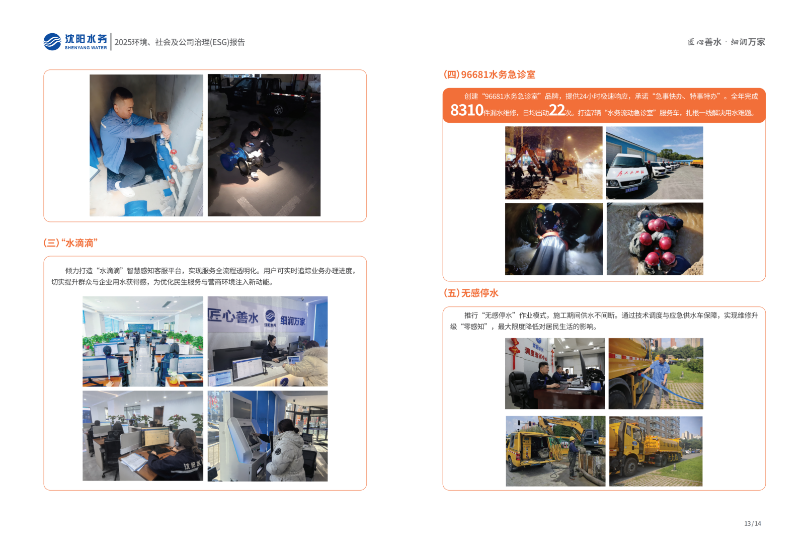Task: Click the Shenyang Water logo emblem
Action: [52, 42]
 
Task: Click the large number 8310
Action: [466, 110]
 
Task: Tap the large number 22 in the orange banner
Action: [556, 110]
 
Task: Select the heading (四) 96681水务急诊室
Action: [489, 75]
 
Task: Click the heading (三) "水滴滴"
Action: [70, 243]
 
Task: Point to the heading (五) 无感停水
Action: [470, 293]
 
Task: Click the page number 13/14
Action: [752, 523]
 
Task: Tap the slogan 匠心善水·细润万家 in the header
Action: [726, 42]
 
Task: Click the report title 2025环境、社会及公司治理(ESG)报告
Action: [180, 42]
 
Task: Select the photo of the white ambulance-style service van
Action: [654, 163]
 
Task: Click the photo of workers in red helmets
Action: [654, 239]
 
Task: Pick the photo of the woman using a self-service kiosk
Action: [267, 436]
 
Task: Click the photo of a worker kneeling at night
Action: [264, 145]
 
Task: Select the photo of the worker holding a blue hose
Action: [655, 373]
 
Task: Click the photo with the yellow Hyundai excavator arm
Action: [555, 451]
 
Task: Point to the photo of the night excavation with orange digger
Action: [553, 163]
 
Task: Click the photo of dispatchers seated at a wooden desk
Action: [554, 373]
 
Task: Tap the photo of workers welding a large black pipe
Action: [553, 239]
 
